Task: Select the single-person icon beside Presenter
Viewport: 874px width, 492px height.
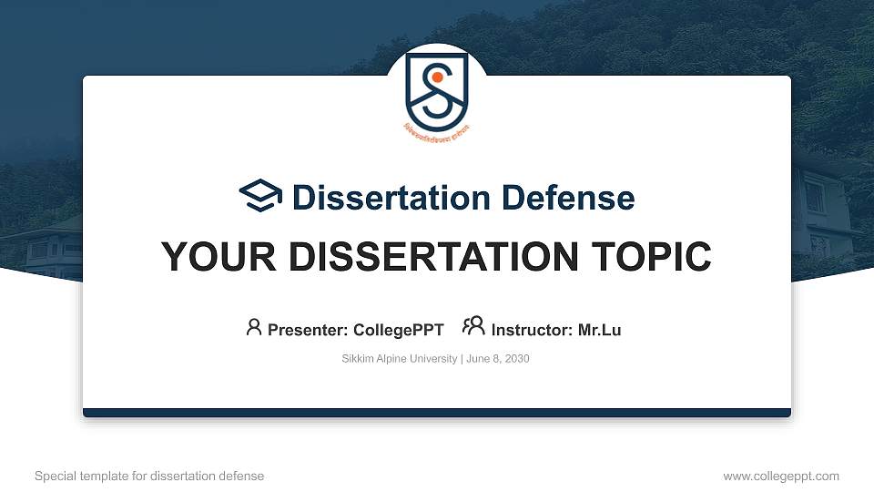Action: pyautogui.click(x=254, y=327)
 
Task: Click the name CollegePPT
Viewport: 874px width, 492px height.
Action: pyautogui.click(x=398, y=330)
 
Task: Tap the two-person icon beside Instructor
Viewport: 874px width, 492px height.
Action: pyautogui.click(x=473, y=327)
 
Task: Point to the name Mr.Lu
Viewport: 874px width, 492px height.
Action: pyautogui.click(x=599, y=330)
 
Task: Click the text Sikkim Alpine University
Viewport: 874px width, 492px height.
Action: pyautogui.click(x=400, y=359)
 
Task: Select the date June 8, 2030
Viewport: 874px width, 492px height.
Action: pyautogui.click(x=499, y=359)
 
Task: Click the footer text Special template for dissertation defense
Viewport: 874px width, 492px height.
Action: pyautogui.click(x=149, y=476)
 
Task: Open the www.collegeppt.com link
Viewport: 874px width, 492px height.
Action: pyautogui.click(x=781, y=476)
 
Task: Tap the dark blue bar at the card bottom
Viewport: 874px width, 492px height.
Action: pyautogui.click(x=437, y=413)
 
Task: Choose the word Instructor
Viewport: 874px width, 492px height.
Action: pyautogui.click(x=532, y=330)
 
